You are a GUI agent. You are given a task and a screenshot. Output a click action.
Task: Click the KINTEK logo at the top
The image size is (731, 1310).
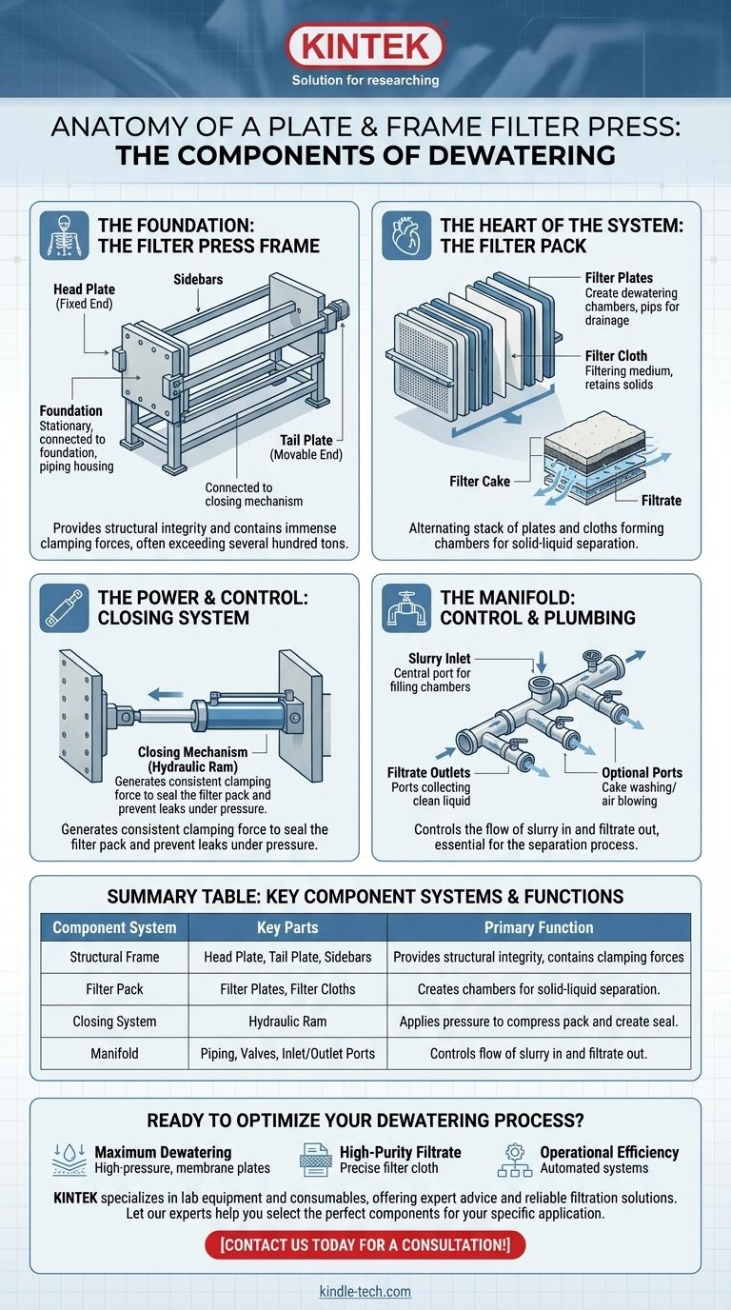(365, 46)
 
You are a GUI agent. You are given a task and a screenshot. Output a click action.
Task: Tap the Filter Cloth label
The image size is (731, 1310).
(615, 356)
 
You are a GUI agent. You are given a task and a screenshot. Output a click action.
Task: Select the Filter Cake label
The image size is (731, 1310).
(480, 482)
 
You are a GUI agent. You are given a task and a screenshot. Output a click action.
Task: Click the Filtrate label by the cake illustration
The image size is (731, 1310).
(661, 500)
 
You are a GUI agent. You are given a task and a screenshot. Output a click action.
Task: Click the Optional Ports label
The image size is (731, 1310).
(642, 773)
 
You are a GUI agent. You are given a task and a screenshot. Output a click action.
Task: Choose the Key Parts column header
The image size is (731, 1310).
(287, 927)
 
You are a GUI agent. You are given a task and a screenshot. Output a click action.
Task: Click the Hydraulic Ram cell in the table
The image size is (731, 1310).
(287, 1022)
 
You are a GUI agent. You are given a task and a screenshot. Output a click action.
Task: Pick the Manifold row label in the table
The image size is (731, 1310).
(114, 1054)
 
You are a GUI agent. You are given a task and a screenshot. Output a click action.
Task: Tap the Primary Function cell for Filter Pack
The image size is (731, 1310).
(539, 990)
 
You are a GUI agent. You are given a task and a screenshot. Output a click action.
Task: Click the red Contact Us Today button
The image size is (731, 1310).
(365, 1244)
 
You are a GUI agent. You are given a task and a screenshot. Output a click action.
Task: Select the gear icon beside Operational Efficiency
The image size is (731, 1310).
(514, 1160)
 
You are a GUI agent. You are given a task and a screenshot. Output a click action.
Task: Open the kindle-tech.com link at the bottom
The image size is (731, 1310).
(365, 1292)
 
